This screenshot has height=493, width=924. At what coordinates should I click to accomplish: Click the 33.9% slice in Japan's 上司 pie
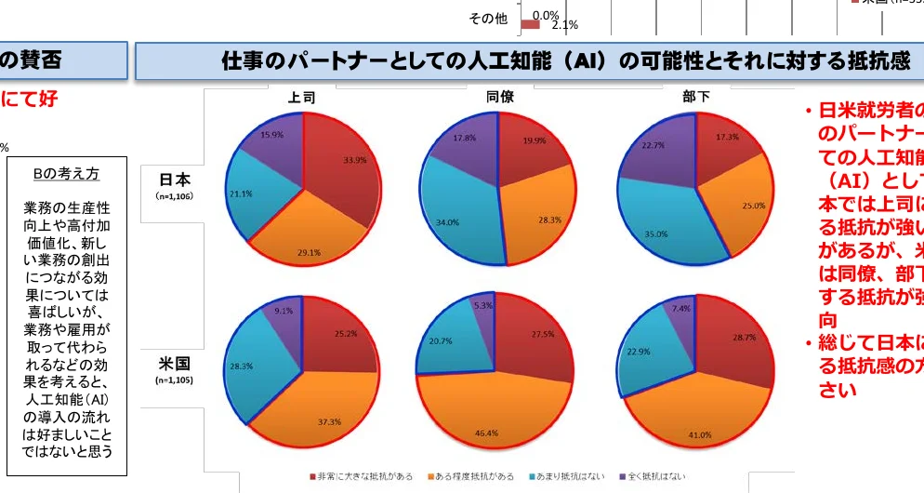[344, 172]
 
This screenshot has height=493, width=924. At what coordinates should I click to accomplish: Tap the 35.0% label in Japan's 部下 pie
[657, 234]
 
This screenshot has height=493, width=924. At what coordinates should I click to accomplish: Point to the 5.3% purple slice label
[482, 305]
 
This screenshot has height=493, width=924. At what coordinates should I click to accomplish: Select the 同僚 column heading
[499, 97]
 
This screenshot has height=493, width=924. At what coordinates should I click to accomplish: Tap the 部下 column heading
[695, 97]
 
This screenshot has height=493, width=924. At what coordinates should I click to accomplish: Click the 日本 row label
[175, 180]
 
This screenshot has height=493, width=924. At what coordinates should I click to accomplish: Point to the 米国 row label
[175, 363]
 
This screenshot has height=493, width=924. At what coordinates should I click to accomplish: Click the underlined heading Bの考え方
[66, 174]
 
